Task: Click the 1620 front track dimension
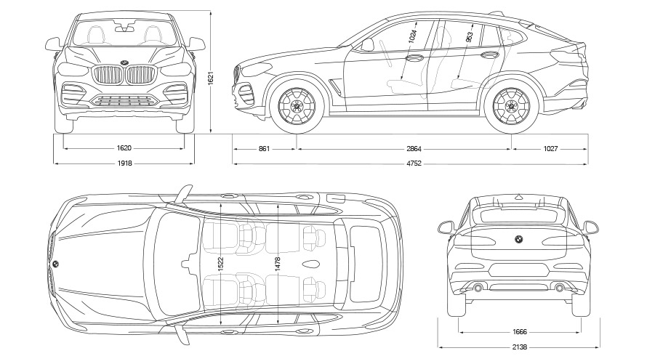click(124, 149)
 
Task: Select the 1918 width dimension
click(124, 163)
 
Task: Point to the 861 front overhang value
click(264, 149)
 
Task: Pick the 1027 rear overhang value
click(550, 149)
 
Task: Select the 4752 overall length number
click(412, 163)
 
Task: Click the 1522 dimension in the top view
click(220, 266)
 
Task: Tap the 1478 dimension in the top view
click(277, 266)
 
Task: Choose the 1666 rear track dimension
click(519, 332)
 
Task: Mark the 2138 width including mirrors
click(519, 347)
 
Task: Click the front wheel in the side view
click(297, 106)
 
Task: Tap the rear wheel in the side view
click(512, 106)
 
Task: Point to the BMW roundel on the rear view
click(518, 239)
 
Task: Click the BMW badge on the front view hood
click(124, 61)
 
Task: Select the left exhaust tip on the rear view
click(478, 288)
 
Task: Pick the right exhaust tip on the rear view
click(559, 288)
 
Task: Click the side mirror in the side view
click(367, 45)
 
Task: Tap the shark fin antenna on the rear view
click(518, 195)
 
